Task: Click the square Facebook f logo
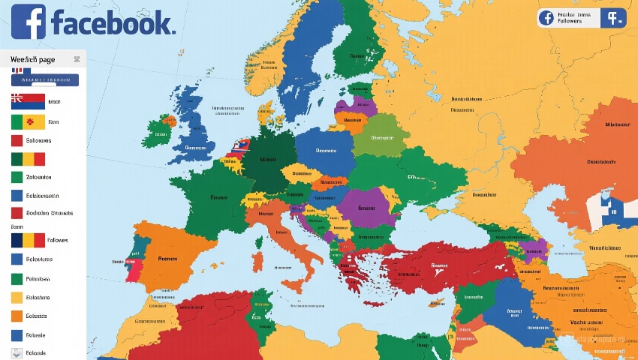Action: [29, 22]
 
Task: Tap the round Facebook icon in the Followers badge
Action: [546, 18]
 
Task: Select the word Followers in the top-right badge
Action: [570, 21]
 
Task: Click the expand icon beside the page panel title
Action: [77, 59]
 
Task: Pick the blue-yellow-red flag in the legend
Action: [28, 240]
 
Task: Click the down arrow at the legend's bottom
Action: [17, 353]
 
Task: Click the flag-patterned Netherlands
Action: [239, 148]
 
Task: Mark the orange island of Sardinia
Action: [258, 262]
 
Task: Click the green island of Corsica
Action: [260, 238]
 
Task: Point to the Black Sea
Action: [443, 225]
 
